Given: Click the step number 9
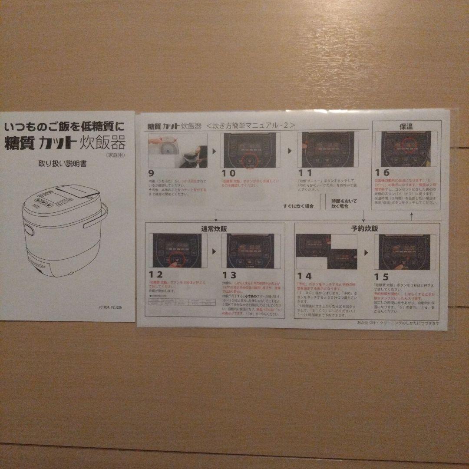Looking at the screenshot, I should coord(151,173).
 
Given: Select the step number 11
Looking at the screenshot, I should coord(305,173).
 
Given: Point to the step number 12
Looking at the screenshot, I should coord(155,274).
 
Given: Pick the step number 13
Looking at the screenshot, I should coord(229,275).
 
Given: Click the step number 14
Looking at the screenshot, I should coord(304,276).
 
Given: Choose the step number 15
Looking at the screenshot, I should coord(381,277).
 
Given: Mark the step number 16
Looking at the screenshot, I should coord(383,172).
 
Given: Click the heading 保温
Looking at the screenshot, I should coord(406,126).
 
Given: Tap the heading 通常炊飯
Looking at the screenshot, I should coord(214,228).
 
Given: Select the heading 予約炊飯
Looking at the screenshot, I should coord(364,228).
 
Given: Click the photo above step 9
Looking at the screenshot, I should coord(178,150).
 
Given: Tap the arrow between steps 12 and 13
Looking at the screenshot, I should coord(214,251).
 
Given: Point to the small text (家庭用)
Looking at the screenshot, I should coord(114,154).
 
